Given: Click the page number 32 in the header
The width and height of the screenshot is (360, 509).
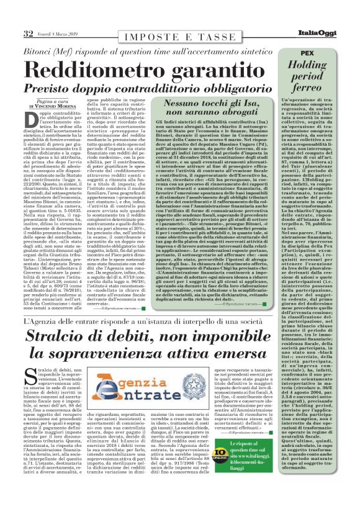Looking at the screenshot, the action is point(29,33).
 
